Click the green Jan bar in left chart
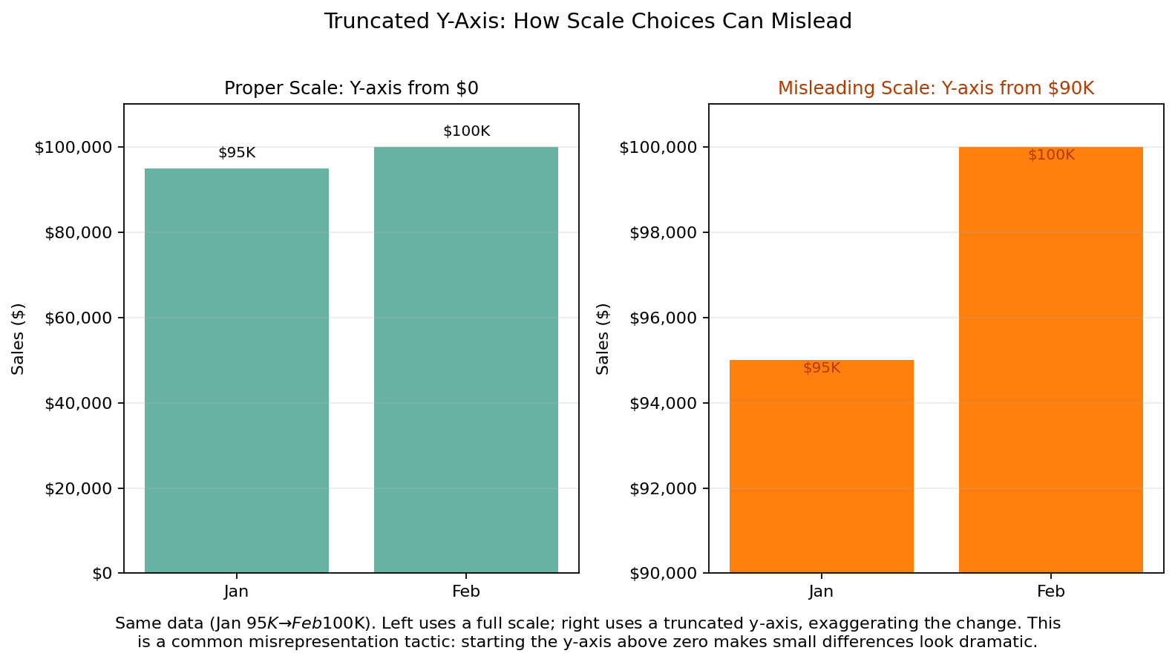(x=236, y=371)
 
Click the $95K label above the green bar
(x=237, y=153)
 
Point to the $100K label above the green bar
(x=466, y=131)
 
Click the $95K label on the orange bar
(x=822, y=368)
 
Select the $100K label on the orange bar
(x=1051, y=155)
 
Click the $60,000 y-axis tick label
(x=79, y=318)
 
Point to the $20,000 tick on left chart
(x=79, y=489)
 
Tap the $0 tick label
(x=102, y=574)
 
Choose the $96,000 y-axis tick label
(x=664, y=318)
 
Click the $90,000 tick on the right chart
(x=664, y=574)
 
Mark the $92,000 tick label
(x=664, y=489)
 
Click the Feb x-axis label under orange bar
(x=1050, y=591)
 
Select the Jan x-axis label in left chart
(x=236, y=591)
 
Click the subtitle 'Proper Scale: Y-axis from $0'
(x=351, y=88)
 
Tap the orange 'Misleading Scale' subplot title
(x=936, y=88)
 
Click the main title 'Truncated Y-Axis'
(x=587, y=22)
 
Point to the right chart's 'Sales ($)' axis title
(x=603, y=338)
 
